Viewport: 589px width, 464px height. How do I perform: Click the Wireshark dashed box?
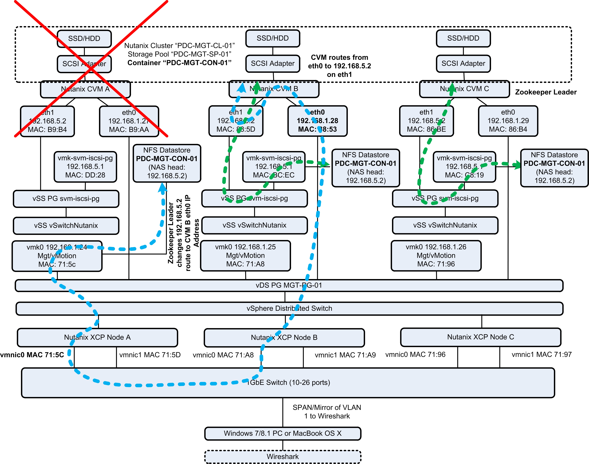click(283, 457)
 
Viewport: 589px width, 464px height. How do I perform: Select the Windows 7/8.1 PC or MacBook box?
click(283, 433)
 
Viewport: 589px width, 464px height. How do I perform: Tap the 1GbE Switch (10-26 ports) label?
click(289, 382)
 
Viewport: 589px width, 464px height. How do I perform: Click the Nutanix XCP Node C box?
click(481, 337)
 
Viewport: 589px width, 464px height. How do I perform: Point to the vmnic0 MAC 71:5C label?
click(32, 355)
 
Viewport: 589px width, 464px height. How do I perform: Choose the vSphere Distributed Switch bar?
click(289, 308)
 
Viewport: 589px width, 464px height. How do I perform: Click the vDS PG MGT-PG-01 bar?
click(289, 285)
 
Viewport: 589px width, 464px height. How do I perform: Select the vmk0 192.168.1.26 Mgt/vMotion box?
click(436, 255)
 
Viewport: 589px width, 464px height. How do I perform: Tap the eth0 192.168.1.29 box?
click(508, 121)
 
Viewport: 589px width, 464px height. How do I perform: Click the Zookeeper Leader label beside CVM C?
click(546, 92)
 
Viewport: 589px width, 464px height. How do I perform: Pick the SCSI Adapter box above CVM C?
click(463, 64)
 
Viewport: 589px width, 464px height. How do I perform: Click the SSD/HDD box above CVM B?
click(273, 38)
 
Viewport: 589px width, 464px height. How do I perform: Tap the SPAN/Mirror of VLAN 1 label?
click(327, 412)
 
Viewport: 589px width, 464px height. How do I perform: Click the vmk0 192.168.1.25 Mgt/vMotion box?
click(245, 255)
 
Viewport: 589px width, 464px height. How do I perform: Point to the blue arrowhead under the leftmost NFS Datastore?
click(162, 188)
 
